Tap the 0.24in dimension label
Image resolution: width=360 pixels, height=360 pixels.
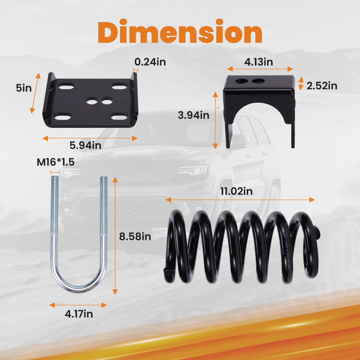point(150,62)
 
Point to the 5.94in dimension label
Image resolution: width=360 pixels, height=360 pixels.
point(85,145)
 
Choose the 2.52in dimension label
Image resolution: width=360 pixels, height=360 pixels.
point(322,86)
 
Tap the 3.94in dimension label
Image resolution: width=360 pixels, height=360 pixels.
point(194,116)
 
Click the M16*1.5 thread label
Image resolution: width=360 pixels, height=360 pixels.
point(55,162)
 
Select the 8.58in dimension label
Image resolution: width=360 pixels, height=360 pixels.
point(135,237)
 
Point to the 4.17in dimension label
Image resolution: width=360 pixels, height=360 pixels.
point(78,314)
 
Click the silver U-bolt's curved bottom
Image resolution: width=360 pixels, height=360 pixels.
point(79,284)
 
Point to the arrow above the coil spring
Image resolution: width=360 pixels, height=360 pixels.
point(240,199)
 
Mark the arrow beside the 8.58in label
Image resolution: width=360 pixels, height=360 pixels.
point(115,236)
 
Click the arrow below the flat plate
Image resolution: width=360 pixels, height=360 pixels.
point(90,138)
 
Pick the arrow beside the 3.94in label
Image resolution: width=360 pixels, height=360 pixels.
point(215,120)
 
